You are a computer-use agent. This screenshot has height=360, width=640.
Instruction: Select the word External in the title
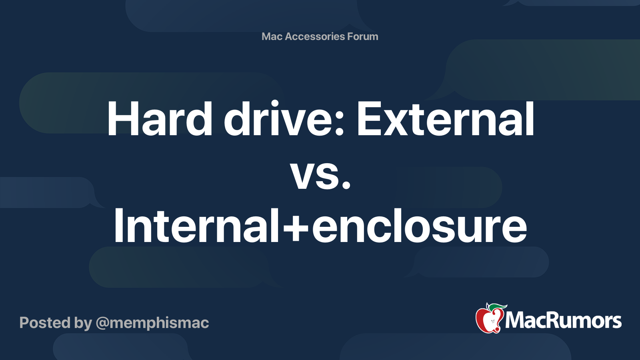(445, 119)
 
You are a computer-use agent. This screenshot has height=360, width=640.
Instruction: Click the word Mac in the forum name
(272, 36)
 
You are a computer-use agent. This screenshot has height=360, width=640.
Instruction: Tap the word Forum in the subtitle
(362, 36)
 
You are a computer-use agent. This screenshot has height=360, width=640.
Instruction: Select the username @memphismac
(152, 323)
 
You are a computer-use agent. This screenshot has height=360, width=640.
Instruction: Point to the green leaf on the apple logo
(497, 307)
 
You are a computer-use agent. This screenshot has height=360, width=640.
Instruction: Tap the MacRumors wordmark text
(563, 321)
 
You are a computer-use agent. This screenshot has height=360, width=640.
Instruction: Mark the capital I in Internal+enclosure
(118, 226)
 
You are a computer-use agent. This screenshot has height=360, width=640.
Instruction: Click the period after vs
(346, 185)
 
